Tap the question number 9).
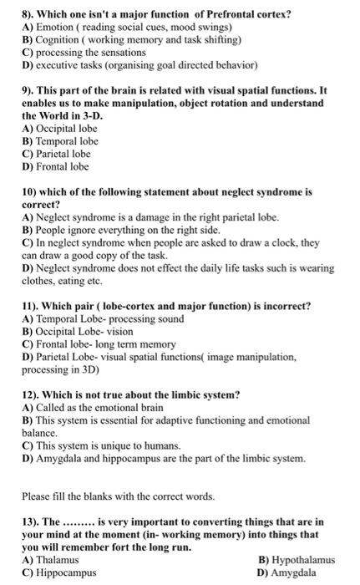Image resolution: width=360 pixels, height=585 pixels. (x=28, y=89)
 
